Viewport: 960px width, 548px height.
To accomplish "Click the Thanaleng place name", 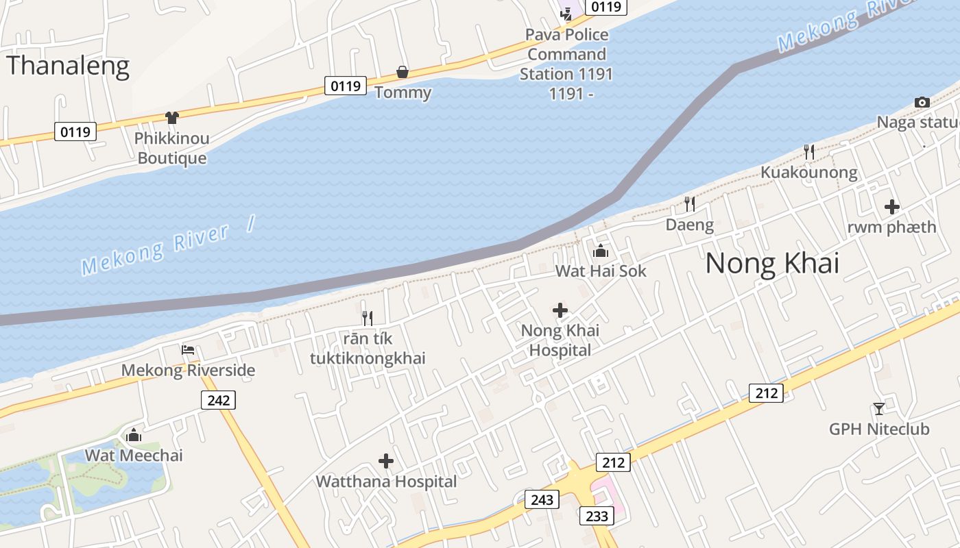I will pos(68,66).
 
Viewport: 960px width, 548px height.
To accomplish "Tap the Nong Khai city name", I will pos(772,263).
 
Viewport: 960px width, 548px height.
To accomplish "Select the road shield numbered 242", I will pos(218,399).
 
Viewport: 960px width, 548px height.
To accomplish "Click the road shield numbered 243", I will pos(542,499).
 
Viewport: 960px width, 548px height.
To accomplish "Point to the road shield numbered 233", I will pos(597,516).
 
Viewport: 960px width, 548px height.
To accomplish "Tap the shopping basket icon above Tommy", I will pos(403,72).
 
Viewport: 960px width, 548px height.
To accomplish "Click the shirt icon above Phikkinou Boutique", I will pos(171,118).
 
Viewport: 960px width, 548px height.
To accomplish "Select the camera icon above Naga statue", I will pos(922,102).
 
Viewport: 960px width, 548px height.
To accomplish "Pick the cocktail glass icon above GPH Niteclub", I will pos(879,409).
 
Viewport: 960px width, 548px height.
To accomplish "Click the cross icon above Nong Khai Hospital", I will pos(560,310).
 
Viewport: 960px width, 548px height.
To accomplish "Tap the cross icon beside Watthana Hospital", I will pos(386,461).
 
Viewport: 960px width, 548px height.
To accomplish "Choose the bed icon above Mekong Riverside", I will pos(188,350).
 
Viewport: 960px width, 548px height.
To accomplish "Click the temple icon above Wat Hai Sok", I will pos(601,251).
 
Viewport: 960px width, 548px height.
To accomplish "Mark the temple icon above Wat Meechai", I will pos(134,435).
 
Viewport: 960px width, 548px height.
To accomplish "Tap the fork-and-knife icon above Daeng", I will pos(690,203).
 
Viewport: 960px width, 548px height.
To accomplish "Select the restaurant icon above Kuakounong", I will pos(809,151).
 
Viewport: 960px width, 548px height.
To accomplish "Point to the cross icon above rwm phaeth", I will pos(891,206).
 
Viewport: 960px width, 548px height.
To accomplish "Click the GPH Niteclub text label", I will pos(879,429).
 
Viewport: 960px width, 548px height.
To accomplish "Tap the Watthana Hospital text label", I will pos(386,482).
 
